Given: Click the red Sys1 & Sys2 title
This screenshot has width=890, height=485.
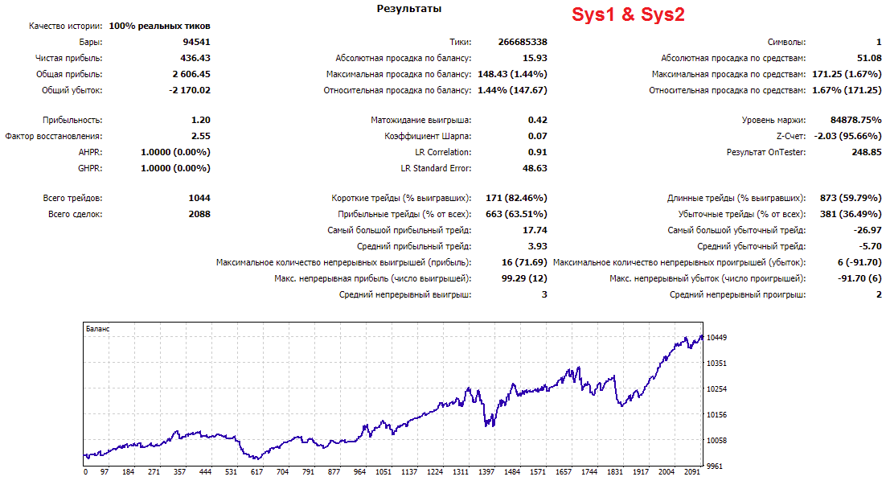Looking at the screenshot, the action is click(628, 14).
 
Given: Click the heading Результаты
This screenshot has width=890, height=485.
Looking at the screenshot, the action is click(408, 9).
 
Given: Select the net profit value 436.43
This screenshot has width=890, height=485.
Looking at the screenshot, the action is click(195, 58).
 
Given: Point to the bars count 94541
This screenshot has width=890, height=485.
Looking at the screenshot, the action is click(196, 42).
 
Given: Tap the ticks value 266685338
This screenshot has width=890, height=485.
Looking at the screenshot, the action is click(523, 42).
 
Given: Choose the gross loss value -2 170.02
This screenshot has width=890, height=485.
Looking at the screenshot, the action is click(190, 90).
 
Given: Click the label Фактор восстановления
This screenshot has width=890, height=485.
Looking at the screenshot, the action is click(54, 136).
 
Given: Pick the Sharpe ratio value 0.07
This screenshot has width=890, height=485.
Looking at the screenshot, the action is click(538, 136).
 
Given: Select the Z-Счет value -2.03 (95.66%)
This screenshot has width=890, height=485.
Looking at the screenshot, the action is click(847, 136).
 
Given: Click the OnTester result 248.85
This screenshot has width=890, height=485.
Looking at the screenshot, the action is click(867, 152).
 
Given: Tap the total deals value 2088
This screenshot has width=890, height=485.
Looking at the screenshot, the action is click(199, 214).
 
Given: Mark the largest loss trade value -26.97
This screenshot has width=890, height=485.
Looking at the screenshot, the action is click(867, 230).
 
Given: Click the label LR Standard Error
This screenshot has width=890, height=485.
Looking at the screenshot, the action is click(436, 168).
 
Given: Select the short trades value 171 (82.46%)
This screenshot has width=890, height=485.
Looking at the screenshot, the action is click(516, 198).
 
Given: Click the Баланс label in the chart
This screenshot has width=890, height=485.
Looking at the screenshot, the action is click(97, 329).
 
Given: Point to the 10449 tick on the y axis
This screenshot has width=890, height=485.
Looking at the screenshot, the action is click(716, 337).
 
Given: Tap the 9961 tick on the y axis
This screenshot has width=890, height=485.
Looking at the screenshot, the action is click(715, 467).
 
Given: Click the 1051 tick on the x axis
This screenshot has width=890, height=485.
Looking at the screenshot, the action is click(383, 472).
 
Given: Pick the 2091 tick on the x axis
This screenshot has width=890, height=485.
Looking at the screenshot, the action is click(692, 472).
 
